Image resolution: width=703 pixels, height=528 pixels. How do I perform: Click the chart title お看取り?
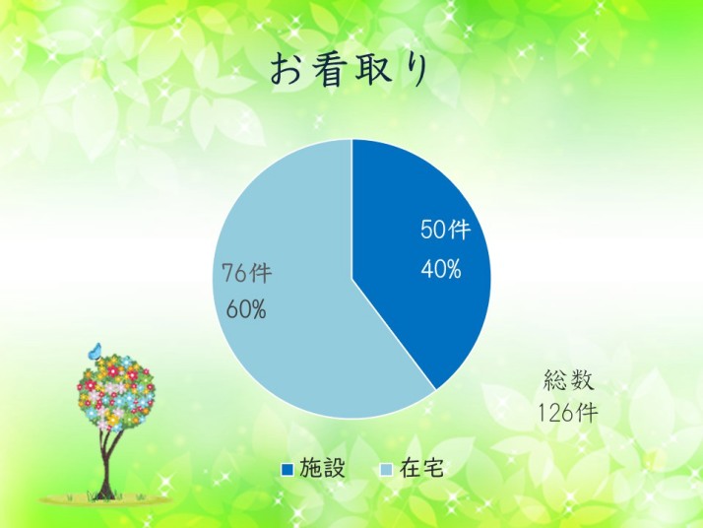(350, 70)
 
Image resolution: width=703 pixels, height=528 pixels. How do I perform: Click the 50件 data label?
(445, 230)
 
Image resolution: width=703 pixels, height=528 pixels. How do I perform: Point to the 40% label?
(441, 270)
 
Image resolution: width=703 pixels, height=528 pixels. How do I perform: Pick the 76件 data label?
(247, 273)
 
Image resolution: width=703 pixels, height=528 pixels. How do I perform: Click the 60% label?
(246, 309)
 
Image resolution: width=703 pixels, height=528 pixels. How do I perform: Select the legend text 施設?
(322, 468)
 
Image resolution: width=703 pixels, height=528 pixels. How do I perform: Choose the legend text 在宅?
(421, 468)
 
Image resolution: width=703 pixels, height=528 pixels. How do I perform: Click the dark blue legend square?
(287, 469)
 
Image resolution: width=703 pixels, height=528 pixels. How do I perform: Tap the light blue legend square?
(386, 469)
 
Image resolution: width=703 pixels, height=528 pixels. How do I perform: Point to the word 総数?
(569, 380)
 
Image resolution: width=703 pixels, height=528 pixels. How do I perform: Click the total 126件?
(567, 413)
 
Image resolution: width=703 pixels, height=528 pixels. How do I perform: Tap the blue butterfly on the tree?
(96, 351)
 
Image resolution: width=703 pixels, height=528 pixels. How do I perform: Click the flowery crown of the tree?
(115, 389)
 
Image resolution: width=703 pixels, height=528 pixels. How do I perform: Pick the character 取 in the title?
(371, 70)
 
